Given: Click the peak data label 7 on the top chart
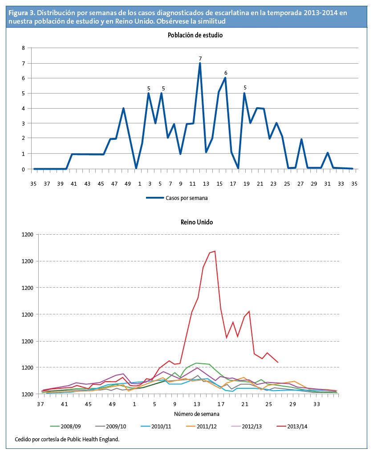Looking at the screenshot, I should click(x=200, y=58).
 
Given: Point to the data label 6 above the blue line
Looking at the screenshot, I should click(x=226, y=73).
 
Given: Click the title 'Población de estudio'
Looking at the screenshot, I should click(x=195, y=35).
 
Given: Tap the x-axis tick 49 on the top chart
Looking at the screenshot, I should click(x=128, y=183).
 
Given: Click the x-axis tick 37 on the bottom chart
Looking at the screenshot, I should click(x=41, y=404).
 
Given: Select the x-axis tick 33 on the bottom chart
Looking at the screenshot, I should click(x=316, y=404).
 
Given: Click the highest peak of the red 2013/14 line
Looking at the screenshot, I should click(x=215, y=251).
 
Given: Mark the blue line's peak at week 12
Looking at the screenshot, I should click(x=200, y=63).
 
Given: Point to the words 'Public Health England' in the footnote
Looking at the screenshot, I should click(x=94, y=440).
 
